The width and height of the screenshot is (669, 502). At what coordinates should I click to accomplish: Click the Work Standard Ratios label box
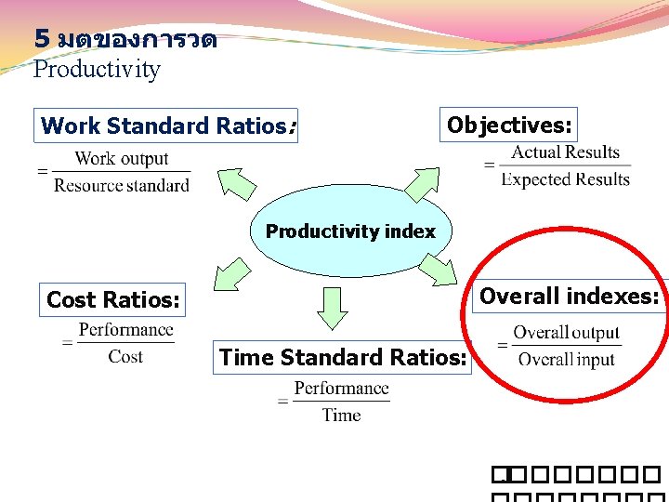coord(166,125)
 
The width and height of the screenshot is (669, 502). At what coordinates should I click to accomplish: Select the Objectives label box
coord(509,125)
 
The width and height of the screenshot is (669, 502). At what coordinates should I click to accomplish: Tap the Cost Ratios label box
coord(113,299)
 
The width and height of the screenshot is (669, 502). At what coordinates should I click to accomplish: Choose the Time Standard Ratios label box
coord(342,357)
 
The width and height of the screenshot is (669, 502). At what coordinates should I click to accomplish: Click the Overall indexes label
coord(570,297)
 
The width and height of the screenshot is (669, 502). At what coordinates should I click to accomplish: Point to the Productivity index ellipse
coord(350,231)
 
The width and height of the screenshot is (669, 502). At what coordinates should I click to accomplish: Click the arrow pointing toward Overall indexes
coord(439,270)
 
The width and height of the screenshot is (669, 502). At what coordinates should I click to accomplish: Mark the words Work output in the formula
coord(122,159)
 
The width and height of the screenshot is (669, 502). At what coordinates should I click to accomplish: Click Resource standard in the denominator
coord(122,185)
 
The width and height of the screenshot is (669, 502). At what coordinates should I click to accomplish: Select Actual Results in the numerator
coord(565,152)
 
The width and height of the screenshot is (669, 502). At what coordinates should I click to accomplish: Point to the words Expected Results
coord(565,179)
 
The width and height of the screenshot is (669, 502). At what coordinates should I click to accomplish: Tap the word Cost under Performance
coord(125,356)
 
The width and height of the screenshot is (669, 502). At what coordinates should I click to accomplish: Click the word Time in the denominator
coord(341,415)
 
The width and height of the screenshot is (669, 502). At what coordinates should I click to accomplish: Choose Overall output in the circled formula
coord(566,333)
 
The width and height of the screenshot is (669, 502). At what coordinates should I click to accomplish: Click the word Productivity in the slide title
coord(97,70)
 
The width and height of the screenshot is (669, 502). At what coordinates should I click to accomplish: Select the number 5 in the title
coord(41,39)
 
